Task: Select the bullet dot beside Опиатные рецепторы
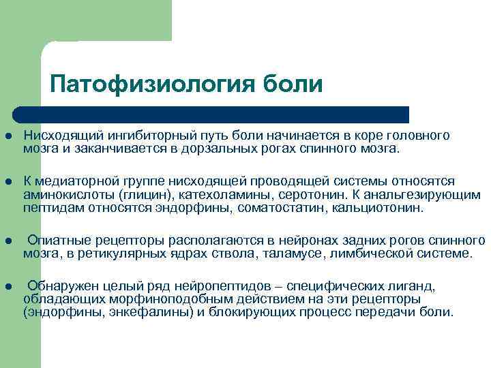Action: (9, 241)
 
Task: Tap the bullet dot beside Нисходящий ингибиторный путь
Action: (9, 136)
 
